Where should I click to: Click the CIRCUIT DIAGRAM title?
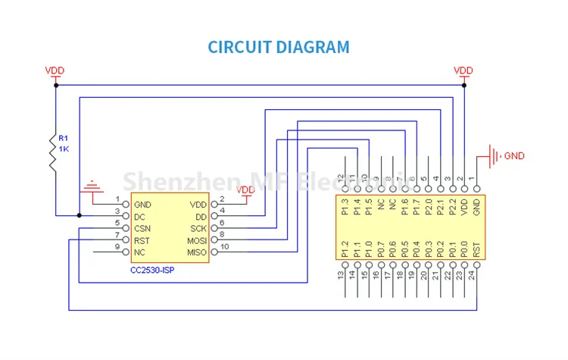click(279, 47)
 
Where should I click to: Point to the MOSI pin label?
click(196, 240)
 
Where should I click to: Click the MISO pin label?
click(196, 252)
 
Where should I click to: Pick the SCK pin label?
click(198, 228)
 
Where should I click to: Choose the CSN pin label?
click(142, 228)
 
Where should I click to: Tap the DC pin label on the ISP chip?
click(139, 217)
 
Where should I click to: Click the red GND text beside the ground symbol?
click(514, 156)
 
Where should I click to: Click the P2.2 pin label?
click(452, 207)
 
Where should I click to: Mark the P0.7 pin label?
click(380, 248)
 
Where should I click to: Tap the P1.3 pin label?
click(345, 207)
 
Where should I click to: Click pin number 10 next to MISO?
click(225, 246)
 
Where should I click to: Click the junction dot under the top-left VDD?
click(55, 86)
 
